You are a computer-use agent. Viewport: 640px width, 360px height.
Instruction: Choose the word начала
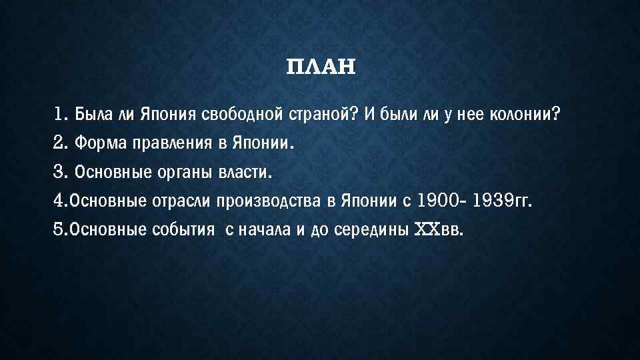(263, 230)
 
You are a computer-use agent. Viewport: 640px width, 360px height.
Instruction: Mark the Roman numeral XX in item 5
(427, 230)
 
